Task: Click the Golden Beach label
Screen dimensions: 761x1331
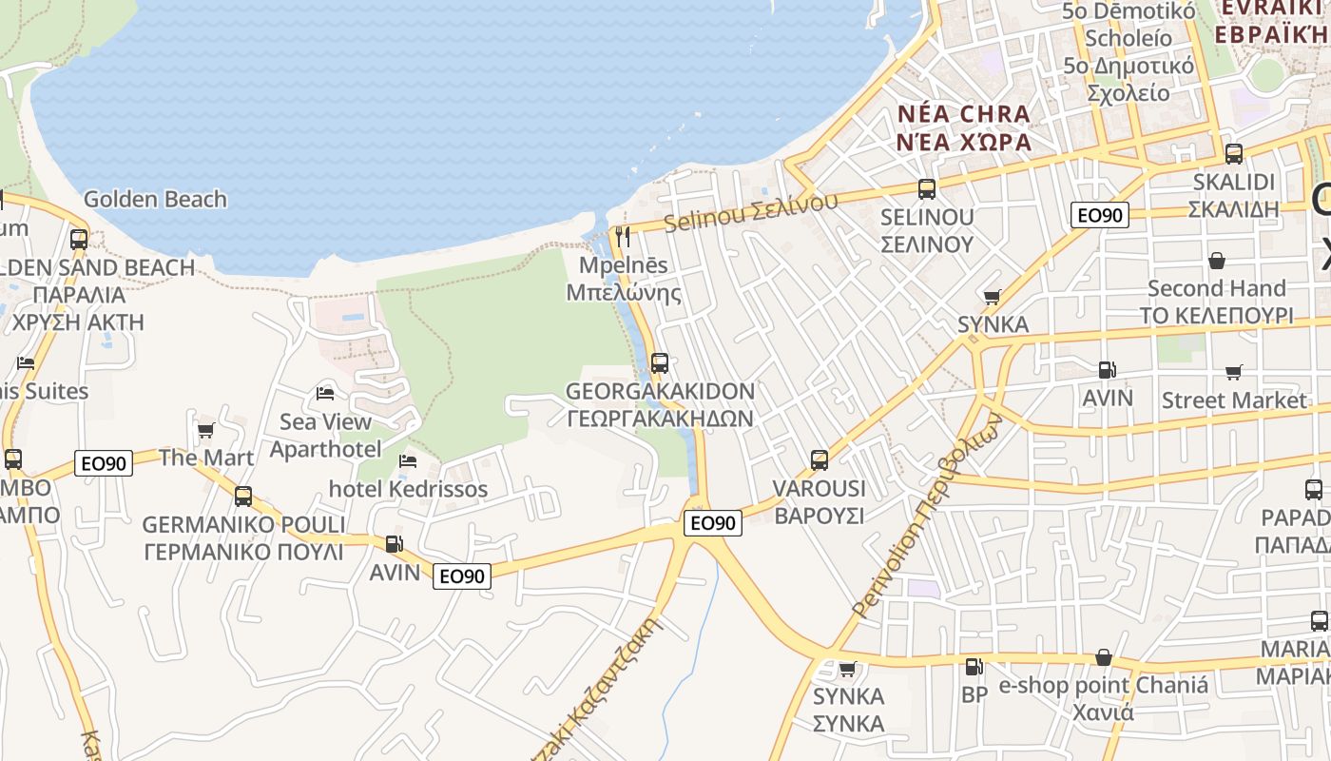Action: (155, 199)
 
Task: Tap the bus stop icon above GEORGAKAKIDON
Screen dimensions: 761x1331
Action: (659, 362)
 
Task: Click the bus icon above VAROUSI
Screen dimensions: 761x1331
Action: (820, 460)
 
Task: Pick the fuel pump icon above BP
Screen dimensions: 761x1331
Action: (973, 667)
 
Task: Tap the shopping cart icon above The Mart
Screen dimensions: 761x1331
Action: (205, 431)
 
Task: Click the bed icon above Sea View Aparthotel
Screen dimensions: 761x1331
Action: (325, 393)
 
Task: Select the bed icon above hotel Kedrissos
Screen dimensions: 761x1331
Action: (408, 461)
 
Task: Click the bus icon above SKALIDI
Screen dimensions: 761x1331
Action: (1233, 153)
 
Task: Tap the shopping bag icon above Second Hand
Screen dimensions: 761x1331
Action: (1216, 261)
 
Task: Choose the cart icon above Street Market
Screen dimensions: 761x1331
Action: (1233, 372)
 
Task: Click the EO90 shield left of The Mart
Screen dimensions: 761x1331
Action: (104, 463)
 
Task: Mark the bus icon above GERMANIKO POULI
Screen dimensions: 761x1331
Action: (243, 496)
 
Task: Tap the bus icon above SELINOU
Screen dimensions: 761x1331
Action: (927, 188)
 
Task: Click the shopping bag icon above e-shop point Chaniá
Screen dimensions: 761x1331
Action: (1104, 657)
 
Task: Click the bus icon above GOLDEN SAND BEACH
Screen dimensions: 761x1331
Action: (79, 239)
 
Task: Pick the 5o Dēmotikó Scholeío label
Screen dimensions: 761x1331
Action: (1128, 25)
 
